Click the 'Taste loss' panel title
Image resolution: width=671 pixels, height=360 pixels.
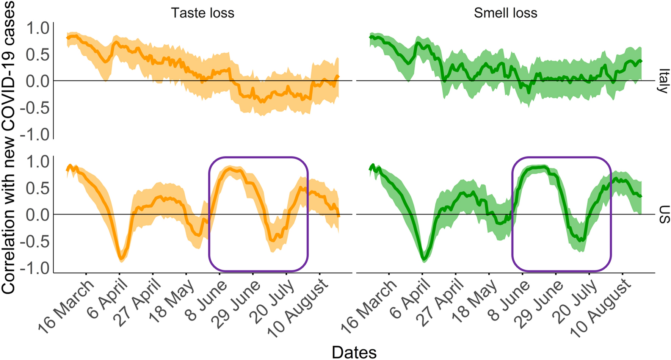point(202,13)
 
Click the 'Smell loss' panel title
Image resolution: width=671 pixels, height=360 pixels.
point(505,13)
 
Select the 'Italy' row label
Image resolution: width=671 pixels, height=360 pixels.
point(663,81)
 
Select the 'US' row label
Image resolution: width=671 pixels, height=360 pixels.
point(664,214)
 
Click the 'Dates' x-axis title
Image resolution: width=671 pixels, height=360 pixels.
point(354,352)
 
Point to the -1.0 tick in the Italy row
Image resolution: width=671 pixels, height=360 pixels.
point(34,135)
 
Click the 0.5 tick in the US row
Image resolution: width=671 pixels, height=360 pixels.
point(38,188)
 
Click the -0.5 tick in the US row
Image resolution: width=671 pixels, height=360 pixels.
point(34,242)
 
